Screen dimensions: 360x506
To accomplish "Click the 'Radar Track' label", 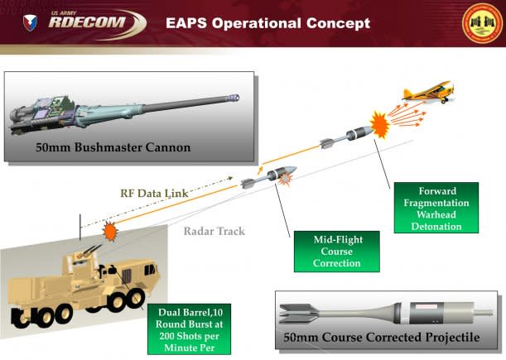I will pyautogui.click(x=214, y=231).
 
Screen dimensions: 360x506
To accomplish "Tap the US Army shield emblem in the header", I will pyautogui.click(x=30, y=22).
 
